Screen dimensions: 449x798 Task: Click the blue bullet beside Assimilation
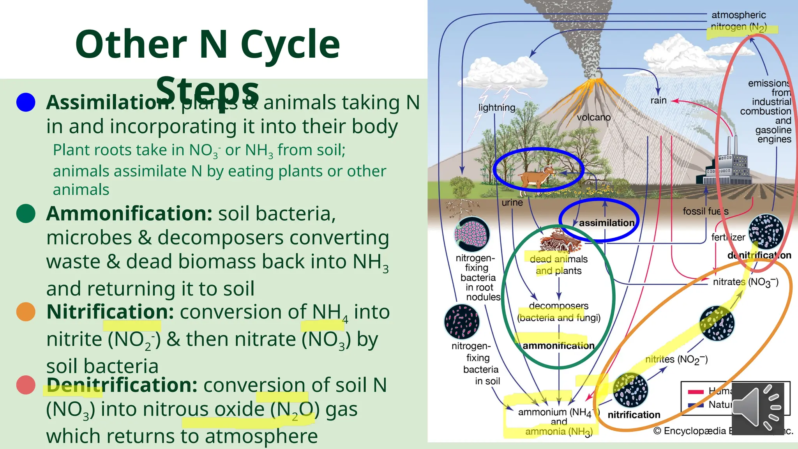click(26, 103)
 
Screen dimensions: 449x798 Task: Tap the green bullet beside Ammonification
click(26, 214)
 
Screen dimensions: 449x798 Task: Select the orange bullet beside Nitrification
click(26, 312)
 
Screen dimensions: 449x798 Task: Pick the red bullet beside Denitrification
click(26, 385)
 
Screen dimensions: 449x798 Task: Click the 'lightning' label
click(496, 108)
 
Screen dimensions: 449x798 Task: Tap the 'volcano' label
click(593, 117)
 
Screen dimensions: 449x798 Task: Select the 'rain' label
click(658, 101)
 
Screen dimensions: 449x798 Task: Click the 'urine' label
click(512, 203)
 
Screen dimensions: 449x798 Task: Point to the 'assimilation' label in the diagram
click(606, 223)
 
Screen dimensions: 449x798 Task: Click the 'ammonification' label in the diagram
click(558, 346)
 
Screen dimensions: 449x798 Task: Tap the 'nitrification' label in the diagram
click(634, 415)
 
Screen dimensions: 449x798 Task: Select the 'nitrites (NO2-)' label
click(676, 359)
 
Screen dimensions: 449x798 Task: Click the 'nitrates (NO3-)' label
click(745, 282)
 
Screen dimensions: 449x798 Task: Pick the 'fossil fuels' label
click(705, 211)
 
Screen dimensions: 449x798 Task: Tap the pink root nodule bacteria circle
click(472, 234)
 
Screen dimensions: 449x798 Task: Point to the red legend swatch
click(696, 392)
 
